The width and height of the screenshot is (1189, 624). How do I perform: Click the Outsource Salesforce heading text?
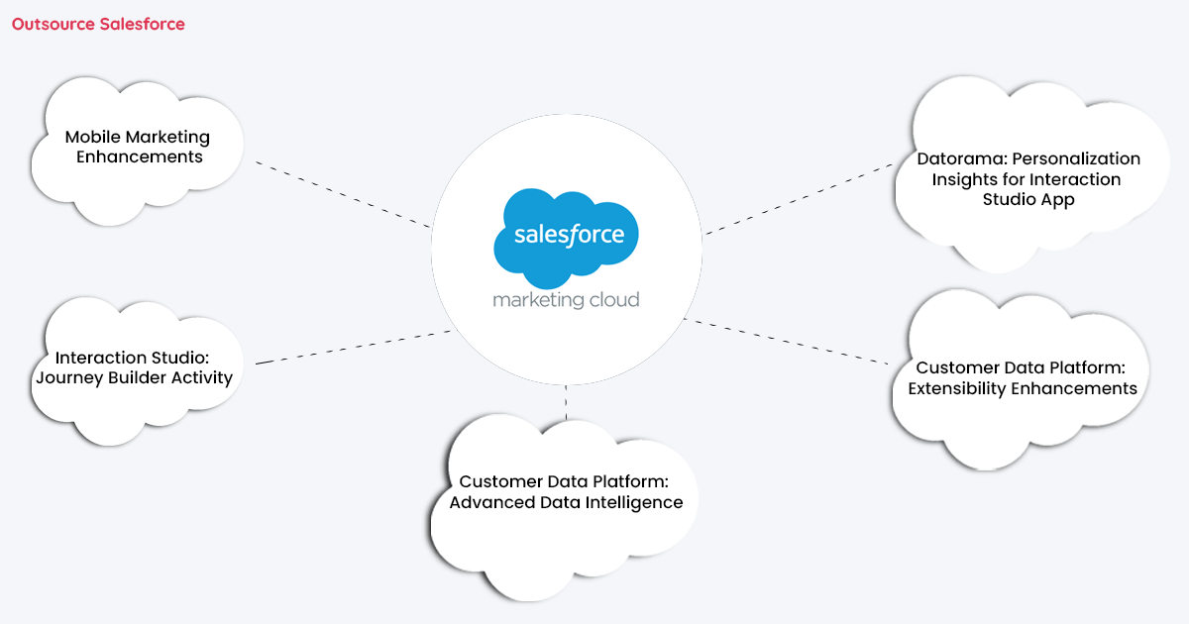click(98, 24)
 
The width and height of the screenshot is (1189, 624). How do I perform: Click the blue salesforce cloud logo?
click(567, 235)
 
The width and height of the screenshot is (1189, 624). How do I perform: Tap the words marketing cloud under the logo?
click(566, 299)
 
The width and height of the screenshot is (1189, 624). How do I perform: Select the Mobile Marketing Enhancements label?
click(138, 147)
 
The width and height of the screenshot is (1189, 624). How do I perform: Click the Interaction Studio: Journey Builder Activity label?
click(134, 367)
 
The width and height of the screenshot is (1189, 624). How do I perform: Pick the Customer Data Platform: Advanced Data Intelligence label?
click(566, 492)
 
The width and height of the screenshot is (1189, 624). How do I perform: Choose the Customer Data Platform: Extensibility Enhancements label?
click(1022, 378)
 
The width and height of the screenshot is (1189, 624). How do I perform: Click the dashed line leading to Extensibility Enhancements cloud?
click(788, 342)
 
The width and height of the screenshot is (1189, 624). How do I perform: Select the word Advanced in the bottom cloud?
click(491, 503)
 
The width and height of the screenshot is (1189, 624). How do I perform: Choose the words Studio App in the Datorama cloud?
click(1027, 200)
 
